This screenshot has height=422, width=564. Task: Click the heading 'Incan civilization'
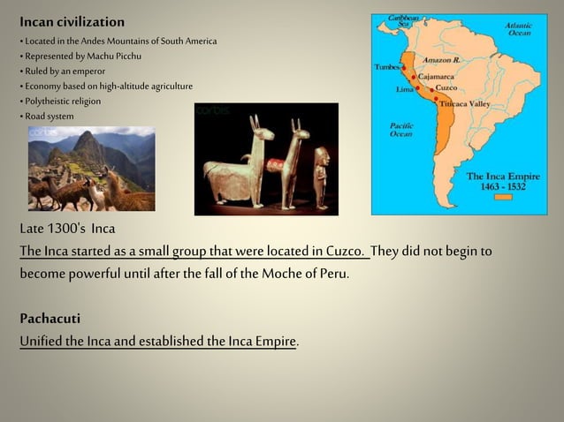click(72, 21)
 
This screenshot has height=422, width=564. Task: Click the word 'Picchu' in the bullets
click(126, 56)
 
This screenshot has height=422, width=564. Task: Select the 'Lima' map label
click(406, 89)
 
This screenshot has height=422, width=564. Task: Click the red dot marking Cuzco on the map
click(432, 88)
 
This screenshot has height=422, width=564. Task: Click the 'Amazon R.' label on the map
click(442, 61)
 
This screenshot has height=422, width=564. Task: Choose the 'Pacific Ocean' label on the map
click(402, 130)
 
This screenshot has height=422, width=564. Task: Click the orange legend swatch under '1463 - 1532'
click(503, 198)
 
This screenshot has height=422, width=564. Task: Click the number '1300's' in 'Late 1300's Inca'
click(67, 230)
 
